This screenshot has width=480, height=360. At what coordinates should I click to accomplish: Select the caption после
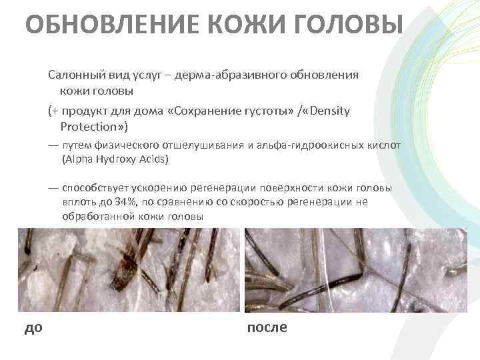[267, 327]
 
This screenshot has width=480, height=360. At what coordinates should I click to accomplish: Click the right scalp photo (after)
[355, 270]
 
